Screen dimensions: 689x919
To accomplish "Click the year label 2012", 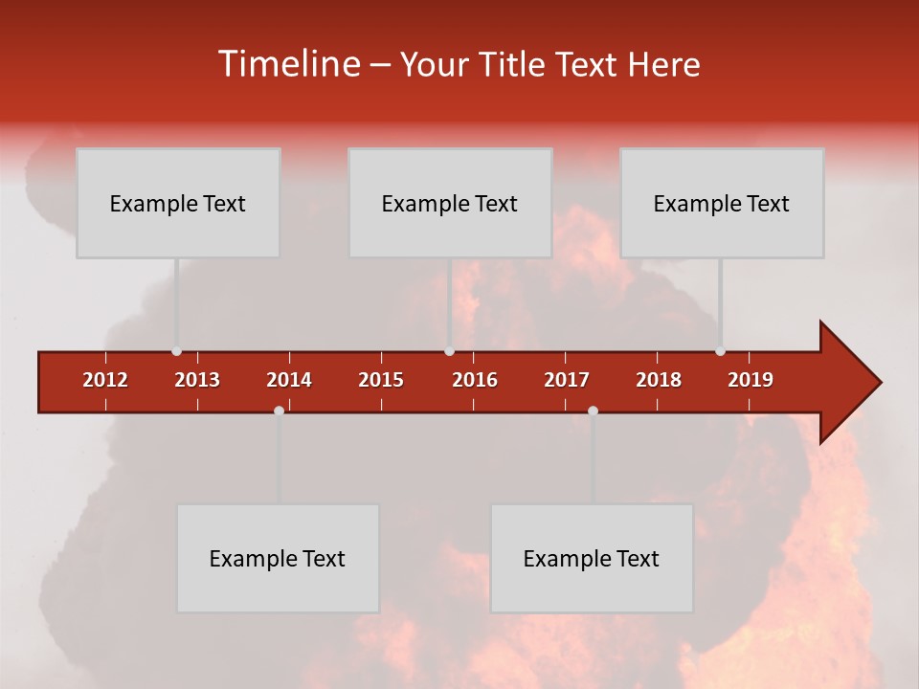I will coord(105,380).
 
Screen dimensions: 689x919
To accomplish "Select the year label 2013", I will coord(197,380).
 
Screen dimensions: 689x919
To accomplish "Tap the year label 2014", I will coord(289,380).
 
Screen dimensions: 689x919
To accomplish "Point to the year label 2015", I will coord(381,380).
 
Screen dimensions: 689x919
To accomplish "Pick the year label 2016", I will coord(475,380).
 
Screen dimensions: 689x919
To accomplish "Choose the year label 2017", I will coord(567,380).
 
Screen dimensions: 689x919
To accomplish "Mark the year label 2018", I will coord(659,380).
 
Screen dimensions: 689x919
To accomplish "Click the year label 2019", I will coord(751,380).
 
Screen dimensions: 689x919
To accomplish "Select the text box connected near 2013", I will coord(178,203).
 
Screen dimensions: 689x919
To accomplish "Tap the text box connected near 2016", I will coord(450,203).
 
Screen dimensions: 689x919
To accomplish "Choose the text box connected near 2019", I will coord(722,203).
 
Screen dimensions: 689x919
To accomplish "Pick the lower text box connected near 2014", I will coord(278,558).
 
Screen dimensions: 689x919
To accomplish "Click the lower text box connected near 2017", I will coord(592,558).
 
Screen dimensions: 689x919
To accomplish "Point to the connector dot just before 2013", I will coord(176,351).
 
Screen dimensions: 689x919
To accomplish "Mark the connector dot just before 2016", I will coord(449,351).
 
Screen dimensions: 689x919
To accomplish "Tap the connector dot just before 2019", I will coord(720,351).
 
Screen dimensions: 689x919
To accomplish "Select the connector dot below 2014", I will coord(279,411).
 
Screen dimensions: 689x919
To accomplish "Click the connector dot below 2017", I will coord(593,411).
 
